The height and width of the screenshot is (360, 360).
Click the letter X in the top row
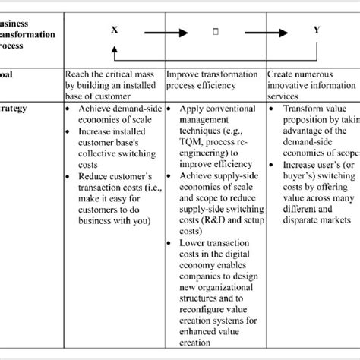coord(115,30)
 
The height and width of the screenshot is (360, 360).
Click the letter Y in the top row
coord(317,30)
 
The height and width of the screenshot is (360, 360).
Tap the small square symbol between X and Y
coord(216,33)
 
